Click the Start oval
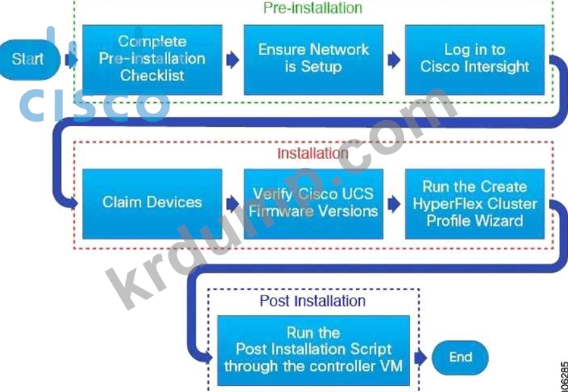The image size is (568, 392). coord(27,59)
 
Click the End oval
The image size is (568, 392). coord(460,357)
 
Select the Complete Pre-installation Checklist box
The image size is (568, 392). coord(152,59)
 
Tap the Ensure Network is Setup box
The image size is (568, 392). coord(314,59)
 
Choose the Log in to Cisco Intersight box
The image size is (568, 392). coord(475,59)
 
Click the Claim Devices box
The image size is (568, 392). coord(152,203)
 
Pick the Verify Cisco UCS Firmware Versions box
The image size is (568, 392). coord(314,203)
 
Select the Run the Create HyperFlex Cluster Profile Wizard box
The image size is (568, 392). coord(475,203)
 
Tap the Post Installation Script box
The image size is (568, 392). coord(313,350)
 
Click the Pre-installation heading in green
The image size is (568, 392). coord(313,8)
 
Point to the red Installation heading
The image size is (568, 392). coord(312,153)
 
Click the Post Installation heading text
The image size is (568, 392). coord(313,301)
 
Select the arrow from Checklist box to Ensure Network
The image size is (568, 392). coord(233,59)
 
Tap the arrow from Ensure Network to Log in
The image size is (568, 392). coord(394,59)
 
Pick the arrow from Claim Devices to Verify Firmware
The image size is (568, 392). coord(233,203)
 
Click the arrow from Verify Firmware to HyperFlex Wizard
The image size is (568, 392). coord(394,203)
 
